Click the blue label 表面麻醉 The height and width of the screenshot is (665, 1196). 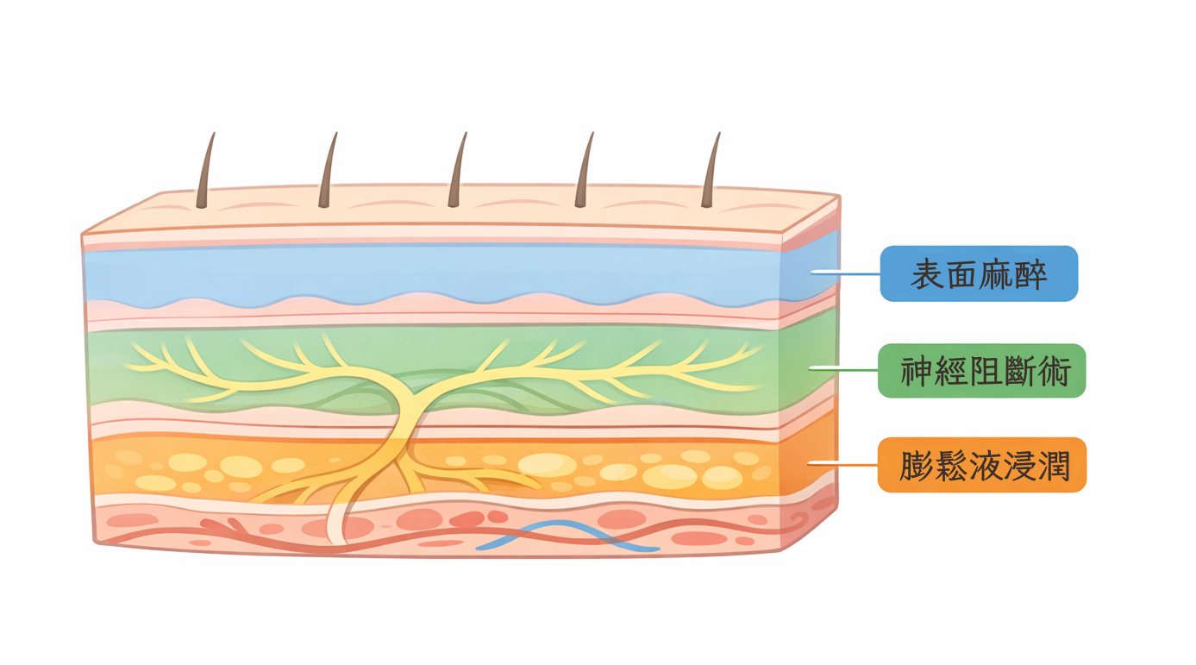(x=979, y=273)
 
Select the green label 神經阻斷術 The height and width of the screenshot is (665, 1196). (x=981, y=371)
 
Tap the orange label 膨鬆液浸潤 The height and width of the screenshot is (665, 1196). (x=981, y=465)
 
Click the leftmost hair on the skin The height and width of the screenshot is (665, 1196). (x=205, y=173)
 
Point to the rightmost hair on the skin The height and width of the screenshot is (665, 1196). (x=711, y=173)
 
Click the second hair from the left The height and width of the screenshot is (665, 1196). (x=328, y=173)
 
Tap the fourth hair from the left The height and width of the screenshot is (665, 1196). (x=584, y=173)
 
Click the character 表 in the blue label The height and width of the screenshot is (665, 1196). (x=926, y=274)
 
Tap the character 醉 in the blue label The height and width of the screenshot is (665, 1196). (x=1031, y=274)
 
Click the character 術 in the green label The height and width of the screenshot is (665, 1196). (x=1054, y=372)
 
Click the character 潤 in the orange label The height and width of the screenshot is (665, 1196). (x=1054, y=466)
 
